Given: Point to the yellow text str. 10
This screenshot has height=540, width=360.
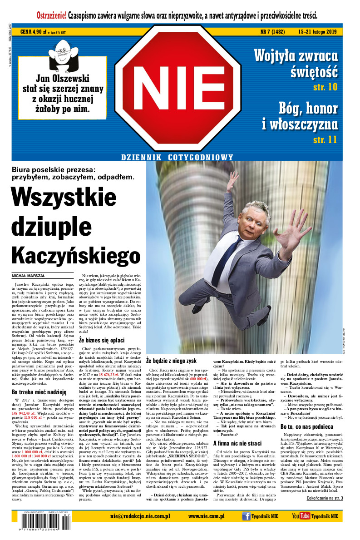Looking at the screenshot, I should click(x=325, y=86).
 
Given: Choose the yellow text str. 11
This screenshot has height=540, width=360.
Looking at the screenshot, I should click(x=325, y=139).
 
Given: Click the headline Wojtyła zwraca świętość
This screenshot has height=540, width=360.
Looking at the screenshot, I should click(x=296, y=63).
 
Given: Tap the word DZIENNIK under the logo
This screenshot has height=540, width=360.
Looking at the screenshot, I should click(x=144, y=157).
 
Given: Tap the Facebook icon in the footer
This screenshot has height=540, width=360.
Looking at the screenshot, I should click(x=247, y=516).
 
